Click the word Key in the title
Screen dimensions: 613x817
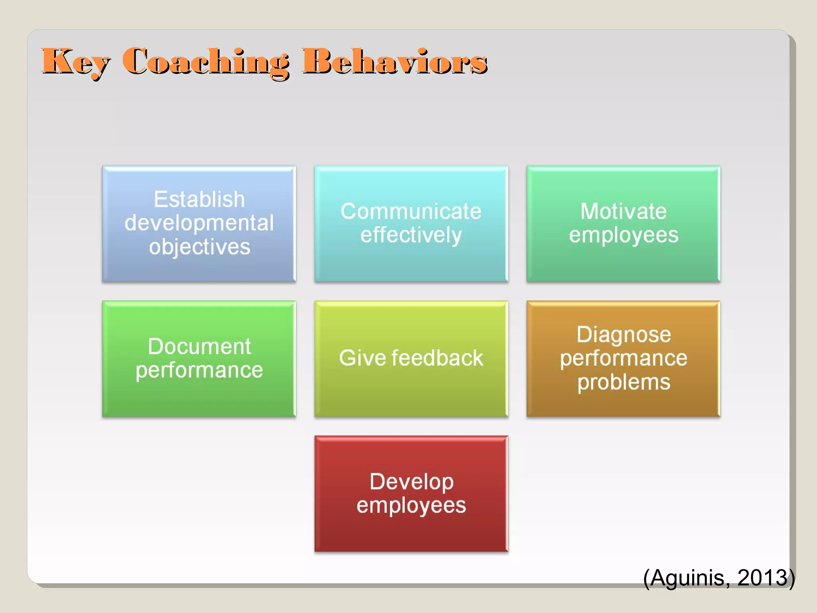point(75,62)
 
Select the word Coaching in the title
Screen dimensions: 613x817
point(205,62)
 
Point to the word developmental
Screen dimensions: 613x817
point(199,223)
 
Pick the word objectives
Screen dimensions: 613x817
point(199,247)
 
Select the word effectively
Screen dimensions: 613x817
point(411,235)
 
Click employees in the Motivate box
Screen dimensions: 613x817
point(623,235)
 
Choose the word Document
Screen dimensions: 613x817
point(199,346)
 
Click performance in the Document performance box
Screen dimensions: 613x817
point(199,370)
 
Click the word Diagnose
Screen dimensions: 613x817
point(624,334)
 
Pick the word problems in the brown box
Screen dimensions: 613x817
point(624,382)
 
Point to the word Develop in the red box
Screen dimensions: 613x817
point(411,481)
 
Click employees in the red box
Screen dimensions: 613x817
point(411,505)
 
